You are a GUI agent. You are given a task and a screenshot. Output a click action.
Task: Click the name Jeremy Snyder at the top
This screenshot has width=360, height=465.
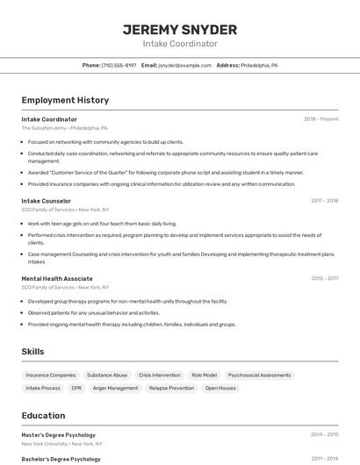180,29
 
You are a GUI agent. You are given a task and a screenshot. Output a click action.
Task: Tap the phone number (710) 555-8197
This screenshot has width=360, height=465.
119,66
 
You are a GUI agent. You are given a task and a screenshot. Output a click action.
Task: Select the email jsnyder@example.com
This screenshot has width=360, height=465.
184,66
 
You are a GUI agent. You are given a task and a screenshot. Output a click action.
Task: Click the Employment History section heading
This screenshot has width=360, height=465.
65,100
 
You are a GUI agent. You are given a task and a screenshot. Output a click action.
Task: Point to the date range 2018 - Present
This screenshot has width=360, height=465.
321,119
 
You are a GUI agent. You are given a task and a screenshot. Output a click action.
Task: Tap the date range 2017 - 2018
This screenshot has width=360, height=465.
324,201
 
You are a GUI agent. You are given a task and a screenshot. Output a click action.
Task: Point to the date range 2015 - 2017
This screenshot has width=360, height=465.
324,278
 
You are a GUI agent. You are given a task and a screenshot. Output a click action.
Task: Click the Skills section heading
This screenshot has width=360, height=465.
33,352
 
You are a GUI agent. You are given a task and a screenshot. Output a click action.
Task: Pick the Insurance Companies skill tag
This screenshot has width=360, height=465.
51,375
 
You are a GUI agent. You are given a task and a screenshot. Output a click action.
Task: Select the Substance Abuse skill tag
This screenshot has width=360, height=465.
107,375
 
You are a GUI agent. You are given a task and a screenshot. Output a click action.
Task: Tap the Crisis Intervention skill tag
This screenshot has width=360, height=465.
160,375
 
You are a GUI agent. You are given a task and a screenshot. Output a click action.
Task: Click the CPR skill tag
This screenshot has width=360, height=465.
76,388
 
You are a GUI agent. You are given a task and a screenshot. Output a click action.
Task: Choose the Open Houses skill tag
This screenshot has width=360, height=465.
221,388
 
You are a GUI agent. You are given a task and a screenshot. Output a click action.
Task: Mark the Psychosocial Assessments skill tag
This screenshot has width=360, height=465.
259,375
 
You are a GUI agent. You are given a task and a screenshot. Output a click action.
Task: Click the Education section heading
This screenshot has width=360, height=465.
43,416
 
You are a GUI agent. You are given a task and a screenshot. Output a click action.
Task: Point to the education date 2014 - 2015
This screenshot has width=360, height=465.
324,434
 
